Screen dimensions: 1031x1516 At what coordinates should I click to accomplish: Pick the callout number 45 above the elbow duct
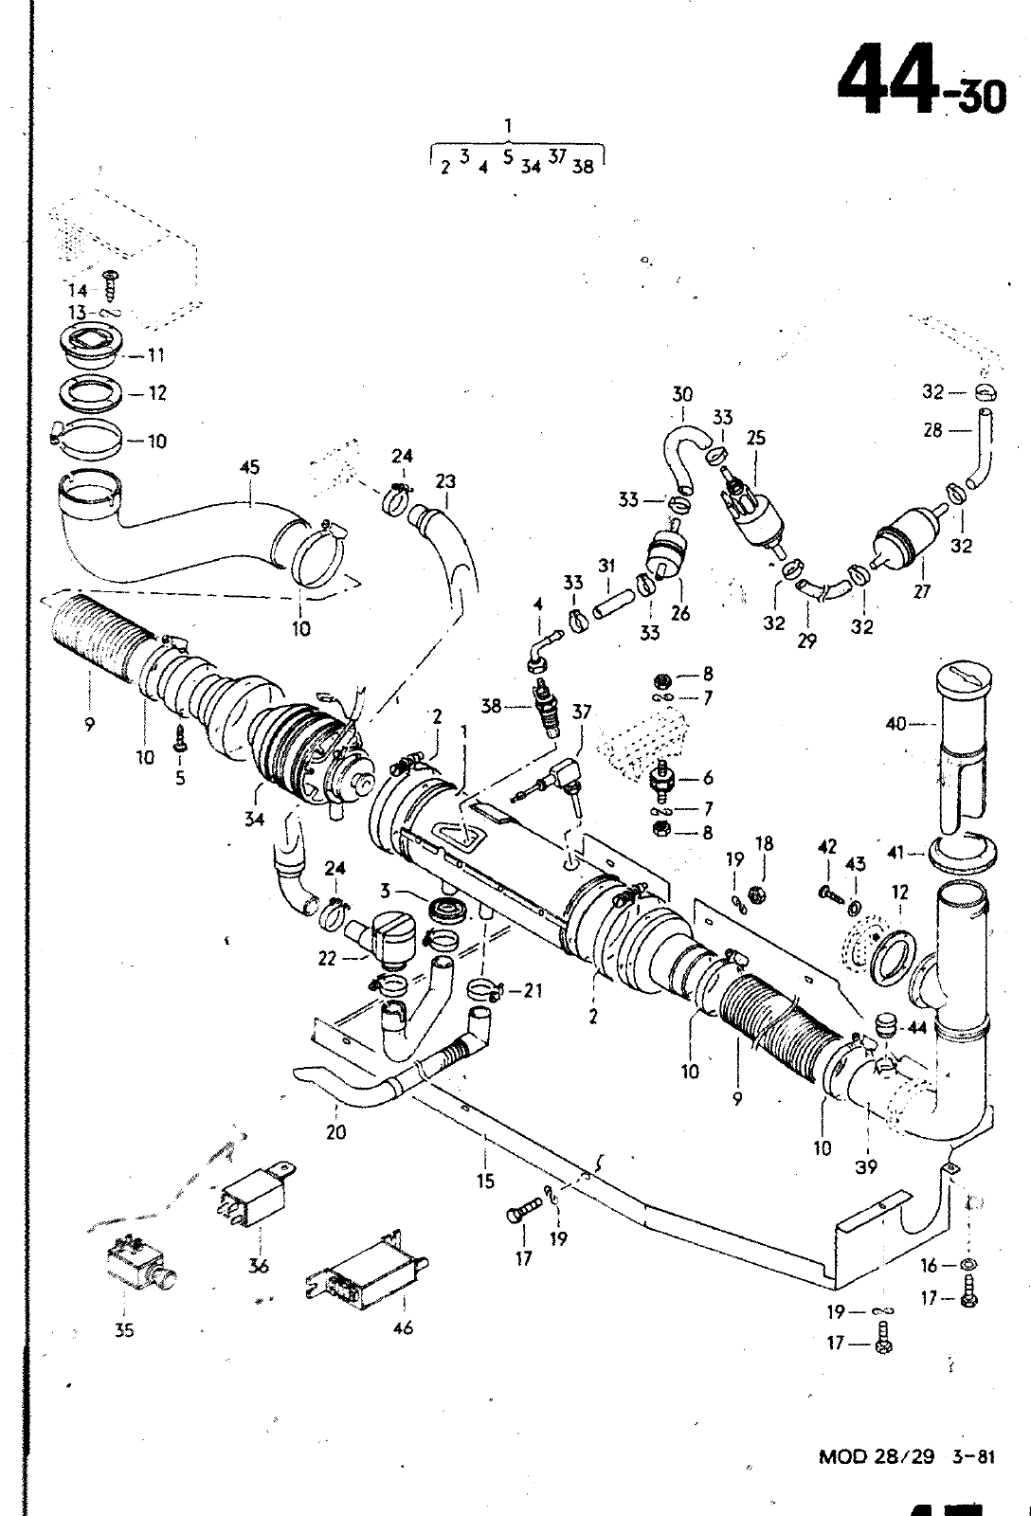(x=249, y=468)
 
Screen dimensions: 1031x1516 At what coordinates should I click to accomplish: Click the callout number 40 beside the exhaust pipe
(x=895, y=724)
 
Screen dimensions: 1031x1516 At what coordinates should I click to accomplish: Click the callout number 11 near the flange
(x=156, y=355)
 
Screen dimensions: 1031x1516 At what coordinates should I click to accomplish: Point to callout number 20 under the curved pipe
(x=335, y=1131)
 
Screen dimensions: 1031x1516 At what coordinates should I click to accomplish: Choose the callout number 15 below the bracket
(x=485, y=1181)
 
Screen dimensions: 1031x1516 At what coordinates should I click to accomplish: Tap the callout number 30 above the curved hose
(x=682, y=394)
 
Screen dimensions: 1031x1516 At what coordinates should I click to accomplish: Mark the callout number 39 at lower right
(x=866, y=1166)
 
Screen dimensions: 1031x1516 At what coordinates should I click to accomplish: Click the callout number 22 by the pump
(x=326, y=959)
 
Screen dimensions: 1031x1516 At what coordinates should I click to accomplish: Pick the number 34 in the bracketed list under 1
(x=531, y=167)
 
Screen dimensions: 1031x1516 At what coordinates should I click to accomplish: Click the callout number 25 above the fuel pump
(x=756, y=438)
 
